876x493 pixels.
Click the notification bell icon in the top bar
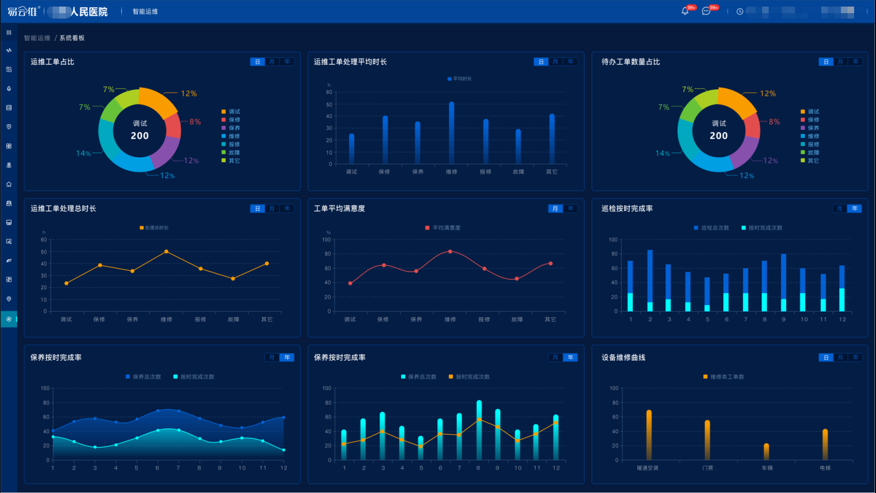click(x=685, y=11)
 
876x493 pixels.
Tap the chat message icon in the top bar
click(x=706, y=11)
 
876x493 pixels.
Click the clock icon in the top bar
click(x=740, y=12)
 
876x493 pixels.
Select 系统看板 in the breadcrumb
click(x=72, y=38)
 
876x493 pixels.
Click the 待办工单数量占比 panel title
click(x=630, y=62)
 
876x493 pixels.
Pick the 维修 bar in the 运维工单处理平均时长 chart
click(x=451, y=133)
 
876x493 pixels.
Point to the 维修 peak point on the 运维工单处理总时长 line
click(x=166, y=251)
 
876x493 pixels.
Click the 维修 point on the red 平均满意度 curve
click(x=450, y=251)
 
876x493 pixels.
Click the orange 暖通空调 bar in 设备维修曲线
click(x=649, y=435)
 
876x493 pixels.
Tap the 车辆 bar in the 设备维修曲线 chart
click(x=766, y=451)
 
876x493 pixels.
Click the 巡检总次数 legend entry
click(x=711, y=228)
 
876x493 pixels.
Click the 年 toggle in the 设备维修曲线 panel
click(x=855, y=358)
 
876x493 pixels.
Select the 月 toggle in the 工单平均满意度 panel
click(x=555, y=209)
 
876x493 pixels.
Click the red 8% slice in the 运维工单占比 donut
click(x=173, y=126)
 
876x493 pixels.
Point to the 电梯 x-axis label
click(x=825, y=468)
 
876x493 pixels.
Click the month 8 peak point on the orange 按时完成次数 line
click(x=479, y=420)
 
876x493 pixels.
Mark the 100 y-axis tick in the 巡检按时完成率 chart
click(x=613, y=240)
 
